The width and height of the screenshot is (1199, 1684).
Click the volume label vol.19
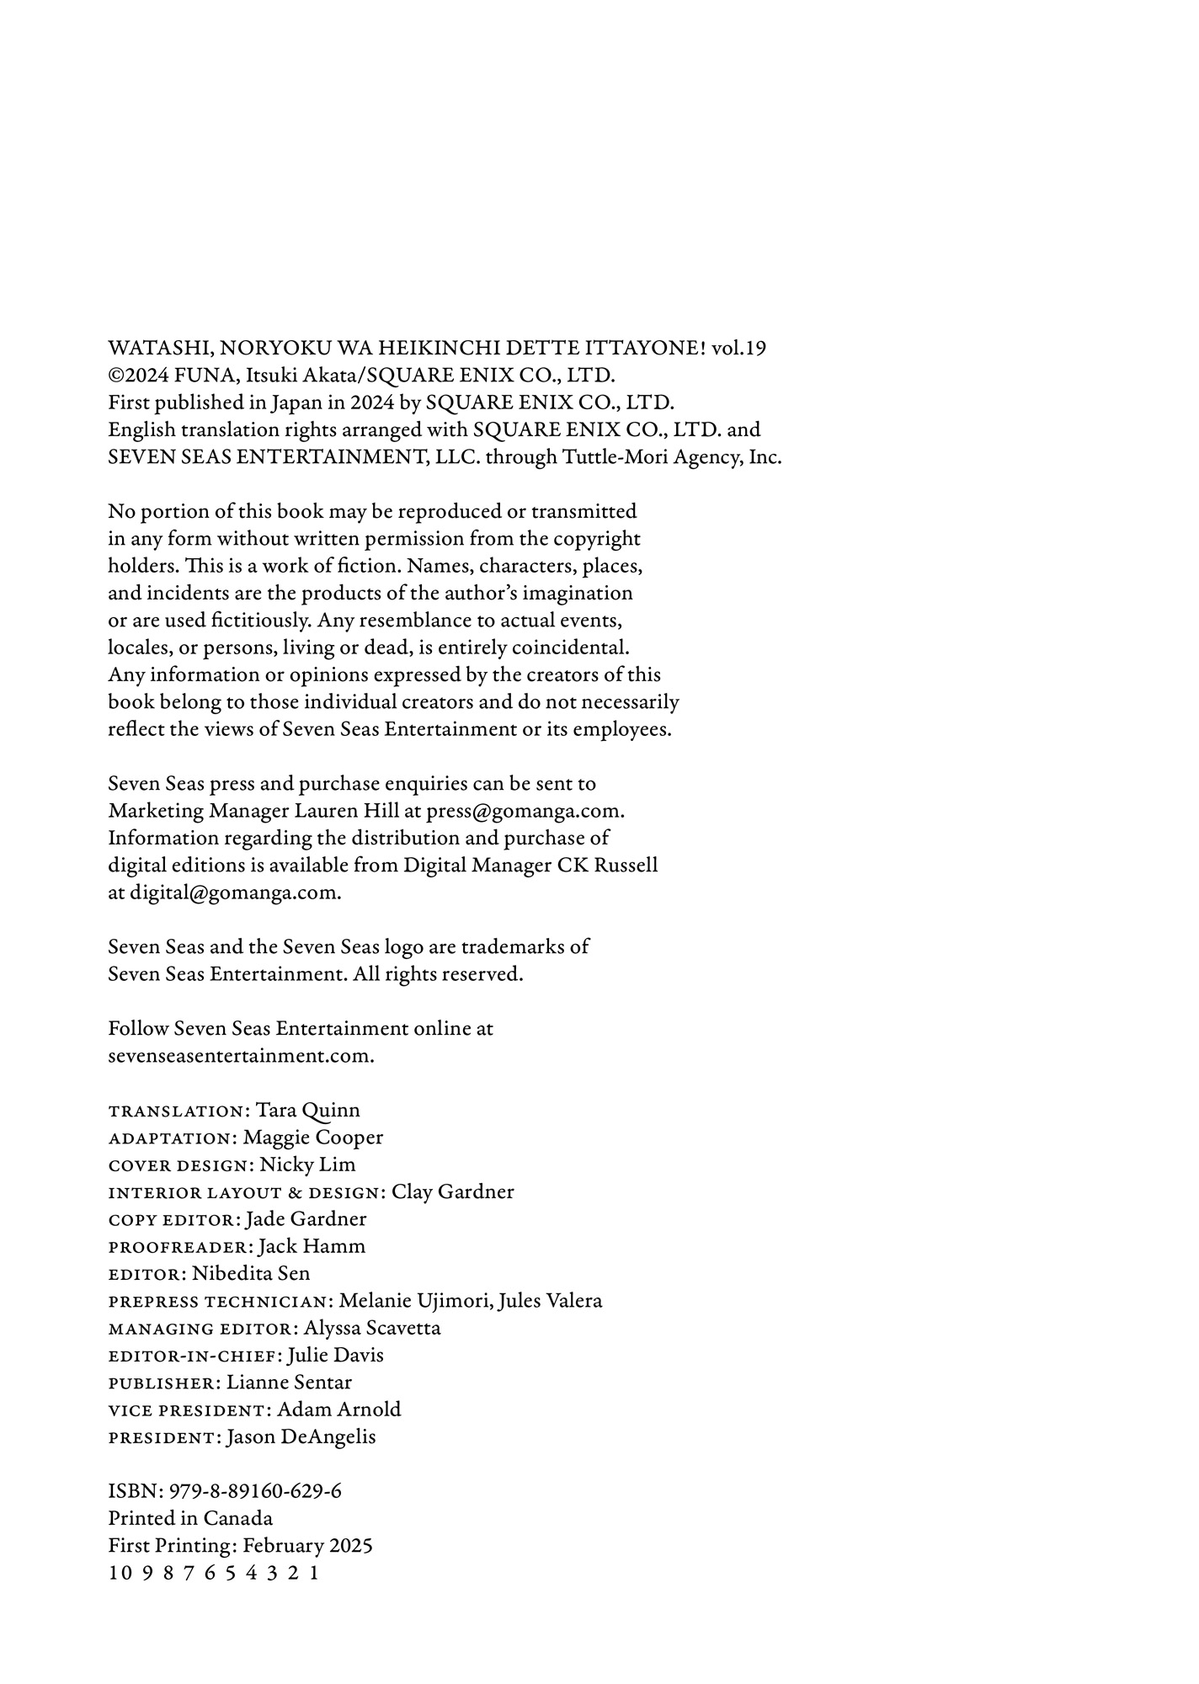(x=738, y=349)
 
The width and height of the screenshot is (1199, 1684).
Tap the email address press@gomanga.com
(x=524, y=812)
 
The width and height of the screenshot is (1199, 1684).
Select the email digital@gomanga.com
(x=235, y=893)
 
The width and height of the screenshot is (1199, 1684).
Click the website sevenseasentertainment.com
(x=240, y=1057)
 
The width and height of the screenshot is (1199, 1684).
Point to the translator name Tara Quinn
(x=307, y=1111)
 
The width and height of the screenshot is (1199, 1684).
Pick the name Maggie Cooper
(x=312, y=1138)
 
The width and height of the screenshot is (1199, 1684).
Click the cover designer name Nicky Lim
(x=307, y=1165)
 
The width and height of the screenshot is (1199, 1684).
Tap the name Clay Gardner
(x=452, y=1192)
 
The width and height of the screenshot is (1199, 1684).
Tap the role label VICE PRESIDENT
(x=187, y=1410)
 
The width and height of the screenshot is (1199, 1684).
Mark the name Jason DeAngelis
(x=301, y=1437)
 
